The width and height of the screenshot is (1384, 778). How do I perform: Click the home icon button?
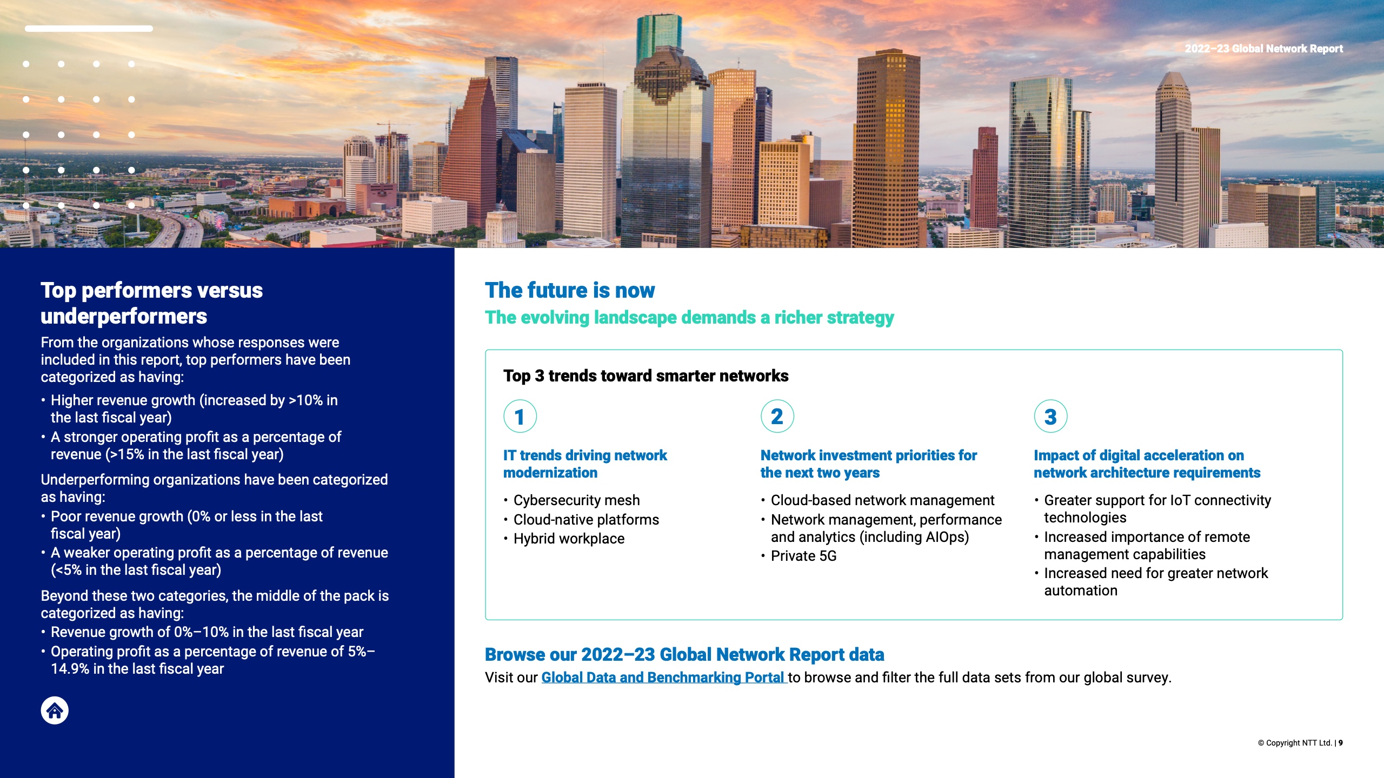tap(55, 710)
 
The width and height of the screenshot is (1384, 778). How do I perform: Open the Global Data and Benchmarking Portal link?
tap(663, 678)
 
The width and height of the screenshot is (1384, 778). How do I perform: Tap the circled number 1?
tap(520, 417)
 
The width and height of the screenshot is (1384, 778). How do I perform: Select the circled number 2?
tap(777, 417)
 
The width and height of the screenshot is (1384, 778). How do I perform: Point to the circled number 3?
tap(1050, 417)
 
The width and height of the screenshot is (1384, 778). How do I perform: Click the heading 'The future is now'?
tap(570, 290)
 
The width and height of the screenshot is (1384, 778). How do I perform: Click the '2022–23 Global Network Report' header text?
tap(1263, 49)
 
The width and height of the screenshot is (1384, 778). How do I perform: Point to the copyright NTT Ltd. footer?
tap(1300, 743)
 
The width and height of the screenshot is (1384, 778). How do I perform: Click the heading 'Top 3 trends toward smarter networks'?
tap(646, 376)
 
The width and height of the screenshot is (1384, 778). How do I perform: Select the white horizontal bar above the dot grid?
tap(89, 29)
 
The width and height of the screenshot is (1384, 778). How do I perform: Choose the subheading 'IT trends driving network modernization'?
tap(585, 464)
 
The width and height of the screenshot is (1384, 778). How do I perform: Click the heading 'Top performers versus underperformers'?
tap(151, 303)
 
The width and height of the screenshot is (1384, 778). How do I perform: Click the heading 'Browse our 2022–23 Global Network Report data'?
tap(684, 654)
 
